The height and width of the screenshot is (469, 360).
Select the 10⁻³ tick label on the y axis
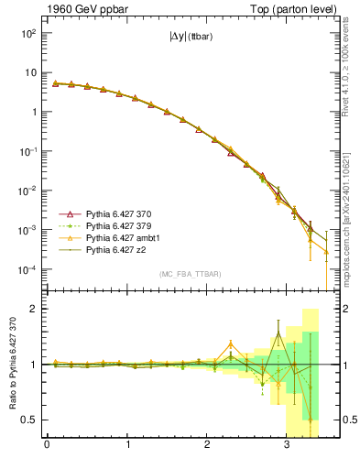coord(27,231)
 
